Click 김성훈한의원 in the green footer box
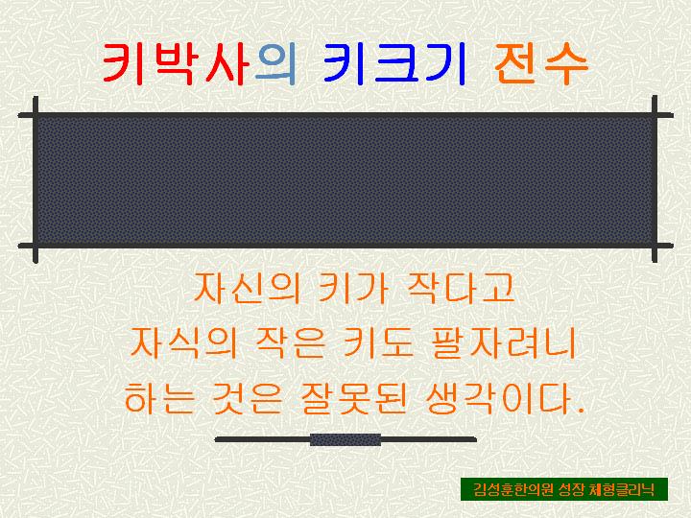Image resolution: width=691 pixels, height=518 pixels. click(x=508, y=489)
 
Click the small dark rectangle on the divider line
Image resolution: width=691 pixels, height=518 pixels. click(x=345, y=439)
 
